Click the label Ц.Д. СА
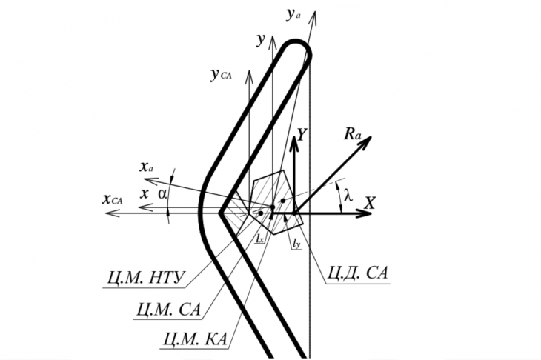pyautogui.click(x=357, y=273)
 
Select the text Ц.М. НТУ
pyautogui.click(x=145, y=278)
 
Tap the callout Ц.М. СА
pyautogui.click(x=169, y=309)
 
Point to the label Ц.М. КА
pyautogui.click(x=196, y=339)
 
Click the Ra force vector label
pyautogui.click(x=352, y=135)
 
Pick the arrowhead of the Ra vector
pyautogui.click(x=366, y=141)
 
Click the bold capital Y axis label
pyautogui.click(x=302, y=135)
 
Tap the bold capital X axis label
pyautogui.click(x=369, y=203)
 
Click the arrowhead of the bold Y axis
pyautogui.click(x=294, y=143)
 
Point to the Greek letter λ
pyautogui.click(x=348, y=196)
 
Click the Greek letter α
pyautogui.click(x=162, y=194)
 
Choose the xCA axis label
pyautogui.click(x=112, y=199)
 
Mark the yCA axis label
pyautogui.click(x=221, y=74)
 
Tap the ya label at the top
pyautogui.click(x=293, y=16)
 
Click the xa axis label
pyautogui.click(x=146, y=167)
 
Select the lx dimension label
pyautogui.click(x=259, y=238)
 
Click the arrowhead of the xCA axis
pyautogui.click(x=111, y=214)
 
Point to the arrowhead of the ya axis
pyautogui.click(x=314, y=16)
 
